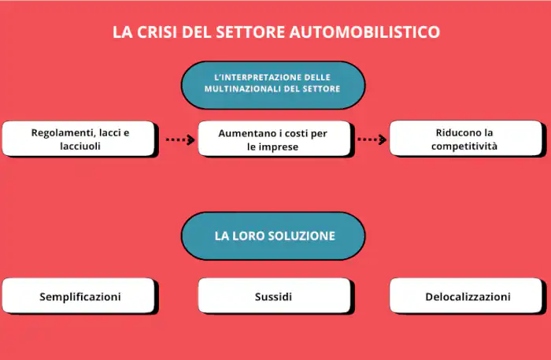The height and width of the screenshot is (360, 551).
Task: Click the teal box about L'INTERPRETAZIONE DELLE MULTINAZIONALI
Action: (272, 84)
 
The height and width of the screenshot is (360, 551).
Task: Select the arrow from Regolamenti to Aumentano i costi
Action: (179, 140)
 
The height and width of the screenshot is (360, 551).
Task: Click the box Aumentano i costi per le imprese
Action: (272, 139)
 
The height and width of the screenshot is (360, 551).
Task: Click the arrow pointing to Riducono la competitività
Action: (372, 140)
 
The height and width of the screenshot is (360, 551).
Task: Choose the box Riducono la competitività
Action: (465, 139)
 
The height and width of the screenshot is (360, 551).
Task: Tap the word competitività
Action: (464, 147)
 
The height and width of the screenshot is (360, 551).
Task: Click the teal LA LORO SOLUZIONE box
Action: (272, 236)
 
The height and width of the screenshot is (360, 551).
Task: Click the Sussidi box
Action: (272, 297)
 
